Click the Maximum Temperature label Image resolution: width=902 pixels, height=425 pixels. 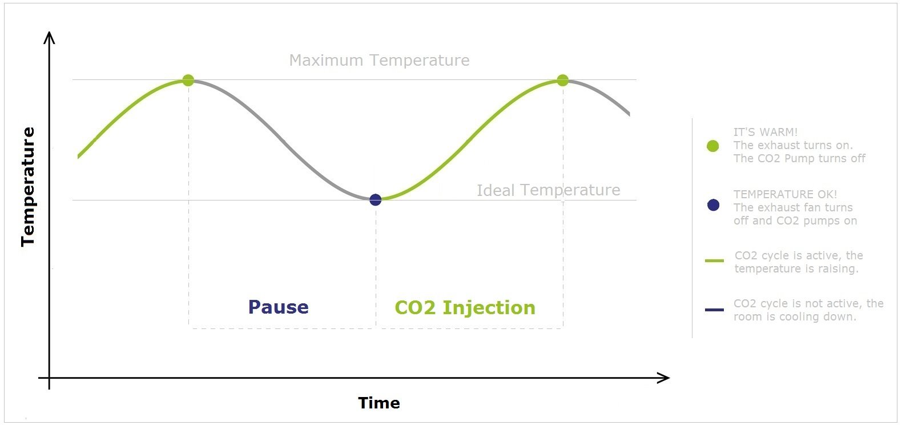379,60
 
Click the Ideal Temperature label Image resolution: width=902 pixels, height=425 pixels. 548,190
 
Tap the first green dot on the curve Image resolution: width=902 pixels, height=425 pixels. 188,80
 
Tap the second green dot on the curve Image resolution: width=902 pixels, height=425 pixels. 562,80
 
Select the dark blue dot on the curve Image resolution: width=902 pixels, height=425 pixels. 375,199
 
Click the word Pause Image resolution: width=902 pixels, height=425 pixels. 278,307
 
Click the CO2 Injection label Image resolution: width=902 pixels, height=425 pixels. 465,307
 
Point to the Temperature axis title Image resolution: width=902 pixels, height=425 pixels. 28,187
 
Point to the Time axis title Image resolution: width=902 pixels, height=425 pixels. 379,403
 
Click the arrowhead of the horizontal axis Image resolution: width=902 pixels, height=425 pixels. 664,378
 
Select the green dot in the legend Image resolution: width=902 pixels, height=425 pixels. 712,146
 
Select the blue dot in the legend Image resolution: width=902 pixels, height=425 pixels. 713,205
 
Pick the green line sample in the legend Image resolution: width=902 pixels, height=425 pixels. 714,260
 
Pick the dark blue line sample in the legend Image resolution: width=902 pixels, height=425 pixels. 714,310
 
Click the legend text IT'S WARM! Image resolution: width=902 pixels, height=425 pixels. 765,132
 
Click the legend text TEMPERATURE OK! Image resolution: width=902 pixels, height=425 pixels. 785,194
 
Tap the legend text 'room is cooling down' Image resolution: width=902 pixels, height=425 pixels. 795,316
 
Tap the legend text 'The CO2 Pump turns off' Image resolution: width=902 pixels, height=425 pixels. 799,158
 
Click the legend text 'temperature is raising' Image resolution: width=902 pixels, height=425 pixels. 796,268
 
